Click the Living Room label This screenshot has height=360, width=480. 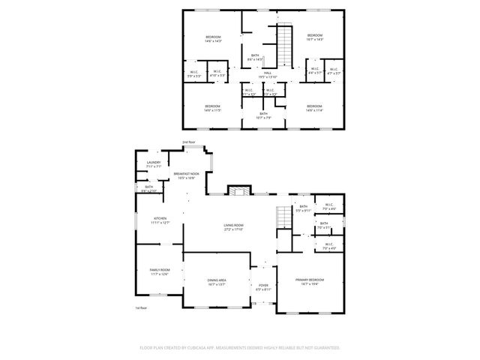click(234, 225)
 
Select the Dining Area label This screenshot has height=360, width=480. click(217, 280)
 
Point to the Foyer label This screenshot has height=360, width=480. click(264, 284)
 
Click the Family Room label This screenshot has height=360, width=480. click(159, 270)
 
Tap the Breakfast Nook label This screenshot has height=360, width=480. click(186, 174)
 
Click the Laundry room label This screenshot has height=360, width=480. click(154, 162)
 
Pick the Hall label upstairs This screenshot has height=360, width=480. click(268, 73)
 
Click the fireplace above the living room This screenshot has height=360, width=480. click(238, 191)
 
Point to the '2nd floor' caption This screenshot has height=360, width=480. click(188, 142)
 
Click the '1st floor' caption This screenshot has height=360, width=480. click(140, 308)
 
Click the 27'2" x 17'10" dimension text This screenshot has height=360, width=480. click(234, 229)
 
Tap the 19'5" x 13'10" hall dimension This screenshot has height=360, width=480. click(268, 77)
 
